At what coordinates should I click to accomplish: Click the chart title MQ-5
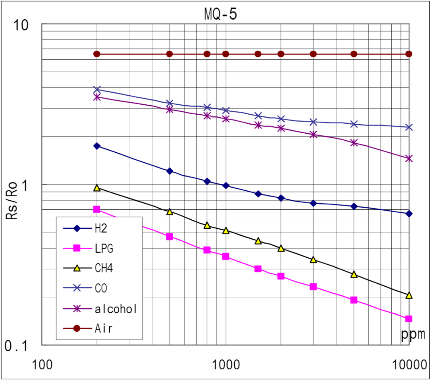pos(220,14)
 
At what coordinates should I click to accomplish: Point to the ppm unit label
pos(413,334)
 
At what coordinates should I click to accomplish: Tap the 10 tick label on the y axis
pos(21,25)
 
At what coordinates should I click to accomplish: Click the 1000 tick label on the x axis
pos(226,365)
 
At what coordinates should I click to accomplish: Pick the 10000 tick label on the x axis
pos(409,365)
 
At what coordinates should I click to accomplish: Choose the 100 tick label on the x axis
pos(42,365)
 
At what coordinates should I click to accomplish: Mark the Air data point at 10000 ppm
pos(409,54)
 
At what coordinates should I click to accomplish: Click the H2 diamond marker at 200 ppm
pos(97,146)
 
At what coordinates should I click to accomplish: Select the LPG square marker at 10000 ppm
pos(409,319)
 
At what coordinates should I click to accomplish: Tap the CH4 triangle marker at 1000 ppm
pos(226,231)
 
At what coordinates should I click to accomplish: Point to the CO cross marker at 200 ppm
pos(97,90)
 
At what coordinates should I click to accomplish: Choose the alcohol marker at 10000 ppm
pos(409,158)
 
